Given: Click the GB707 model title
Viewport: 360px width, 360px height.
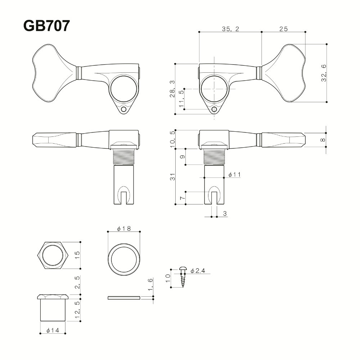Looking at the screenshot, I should tap(46, 26).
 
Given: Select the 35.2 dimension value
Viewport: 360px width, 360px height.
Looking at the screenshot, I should tap(230, 29).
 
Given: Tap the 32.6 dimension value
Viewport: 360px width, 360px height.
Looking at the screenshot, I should tap(324, 73).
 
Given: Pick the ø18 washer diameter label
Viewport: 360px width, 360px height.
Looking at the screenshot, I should tap(123, 229).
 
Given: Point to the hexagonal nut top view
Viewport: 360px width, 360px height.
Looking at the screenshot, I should tap(53, 255).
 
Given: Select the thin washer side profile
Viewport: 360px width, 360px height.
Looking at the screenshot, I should tap(123, 298).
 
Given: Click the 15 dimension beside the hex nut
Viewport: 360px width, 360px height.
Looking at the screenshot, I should tap(77, 255).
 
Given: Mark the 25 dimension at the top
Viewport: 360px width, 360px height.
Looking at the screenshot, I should tap(283, 29).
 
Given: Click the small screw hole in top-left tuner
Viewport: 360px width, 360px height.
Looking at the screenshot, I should tap(124, 109).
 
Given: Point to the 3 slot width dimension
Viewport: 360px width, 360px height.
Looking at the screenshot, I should tap(224, 214).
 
